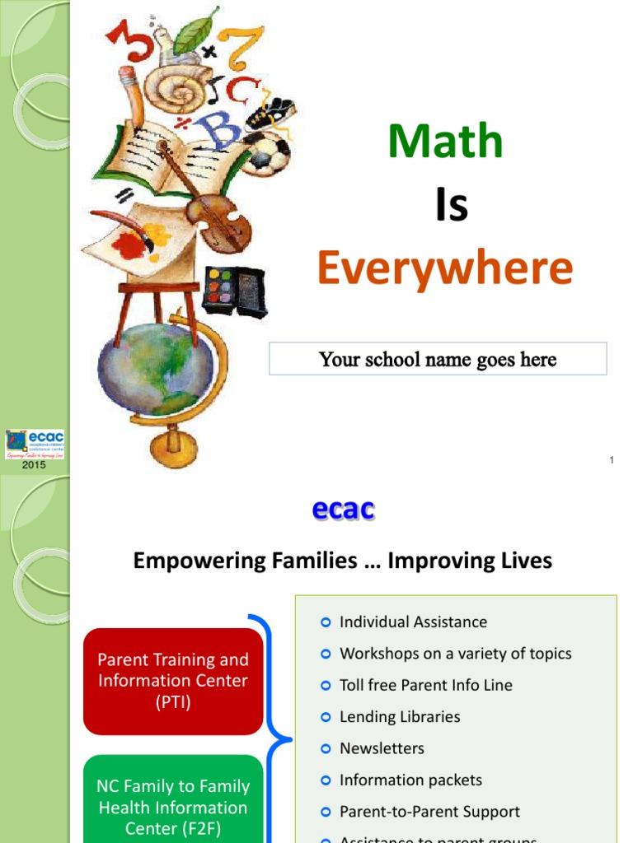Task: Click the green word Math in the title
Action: [445, 142]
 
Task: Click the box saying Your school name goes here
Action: [438, 359]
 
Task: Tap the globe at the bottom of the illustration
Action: [157, 366]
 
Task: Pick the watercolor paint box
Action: [235, 291]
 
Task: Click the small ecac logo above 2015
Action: [35, 443]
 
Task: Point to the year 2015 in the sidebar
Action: [35, 465]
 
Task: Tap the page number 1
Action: [612, 460]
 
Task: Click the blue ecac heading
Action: [344, 510]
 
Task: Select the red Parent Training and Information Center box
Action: [173, 681]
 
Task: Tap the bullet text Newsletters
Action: [382, 748]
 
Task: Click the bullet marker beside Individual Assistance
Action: [326, 622]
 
